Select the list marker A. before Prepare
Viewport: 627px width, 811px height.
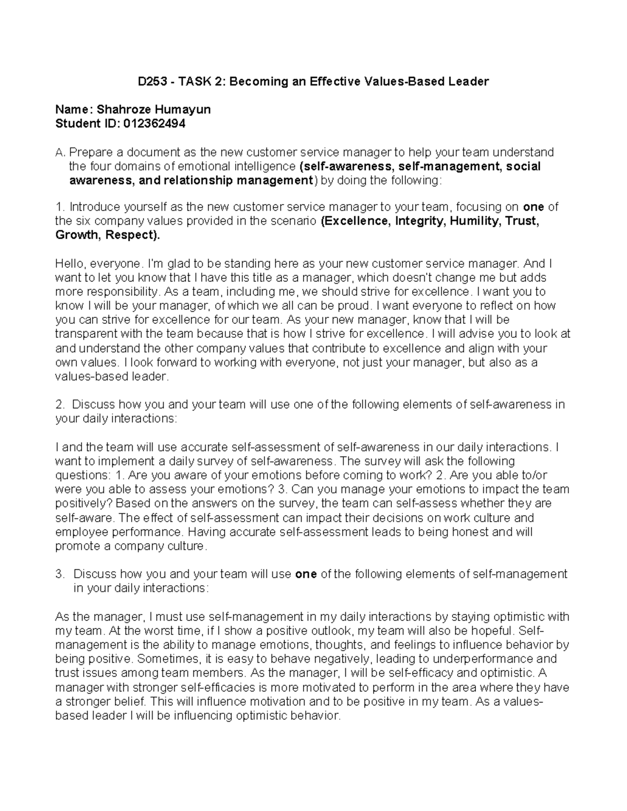pos(60,152)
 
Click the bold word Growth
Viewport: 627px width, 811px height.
pos(77,235)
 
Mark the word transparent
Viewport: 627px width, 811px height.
pos(86,334)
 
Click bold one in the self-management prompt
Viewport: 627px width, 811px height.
pos(306,574)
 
